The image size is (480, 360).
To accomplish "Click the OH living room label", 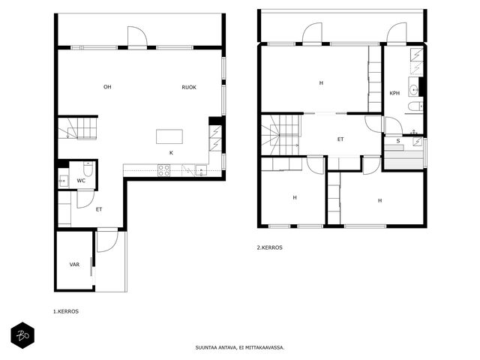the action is coord(107,87).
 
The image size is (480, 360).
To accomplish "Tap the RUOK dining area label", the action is coord(189,87).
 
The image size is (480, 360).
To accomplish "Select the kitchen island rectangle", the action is coord(169,136).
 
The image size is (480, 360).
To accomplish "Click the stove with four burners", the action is coord(163,170).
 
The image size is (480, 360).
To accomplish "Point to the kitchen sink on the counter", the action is coord(201,170).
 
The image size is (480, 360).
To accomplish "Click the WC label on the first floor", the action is coord(81,181).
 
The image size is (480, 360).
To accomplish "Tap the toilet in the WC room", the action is coord(88,169).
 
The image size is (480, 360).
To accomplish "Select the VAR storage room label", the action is coord(74,265).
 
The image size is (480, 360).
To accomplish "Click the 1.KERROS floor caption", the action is coord(66,312).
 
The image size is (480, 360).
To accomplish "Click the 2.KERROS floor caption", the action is coord(269,247).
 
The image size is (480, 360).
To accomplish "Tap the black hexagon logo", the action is coord(22,335).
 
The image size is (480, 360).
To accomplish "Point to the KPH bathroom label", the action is coord(394,93).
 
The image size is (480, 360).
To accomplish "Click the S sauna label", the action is coord(398,141).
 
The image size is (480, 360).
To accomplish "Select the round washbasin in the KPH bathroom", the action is coord(415,90).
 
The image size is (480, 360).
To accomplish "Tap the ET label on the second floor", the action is coord(340,139).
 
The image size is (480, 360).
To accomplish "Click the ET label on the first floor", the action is coord(99,209).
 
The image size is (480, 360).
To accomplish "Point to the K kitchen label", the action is coord(171,153).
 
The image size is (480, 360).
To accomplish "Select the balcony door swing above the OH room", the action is coord(137,36).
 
